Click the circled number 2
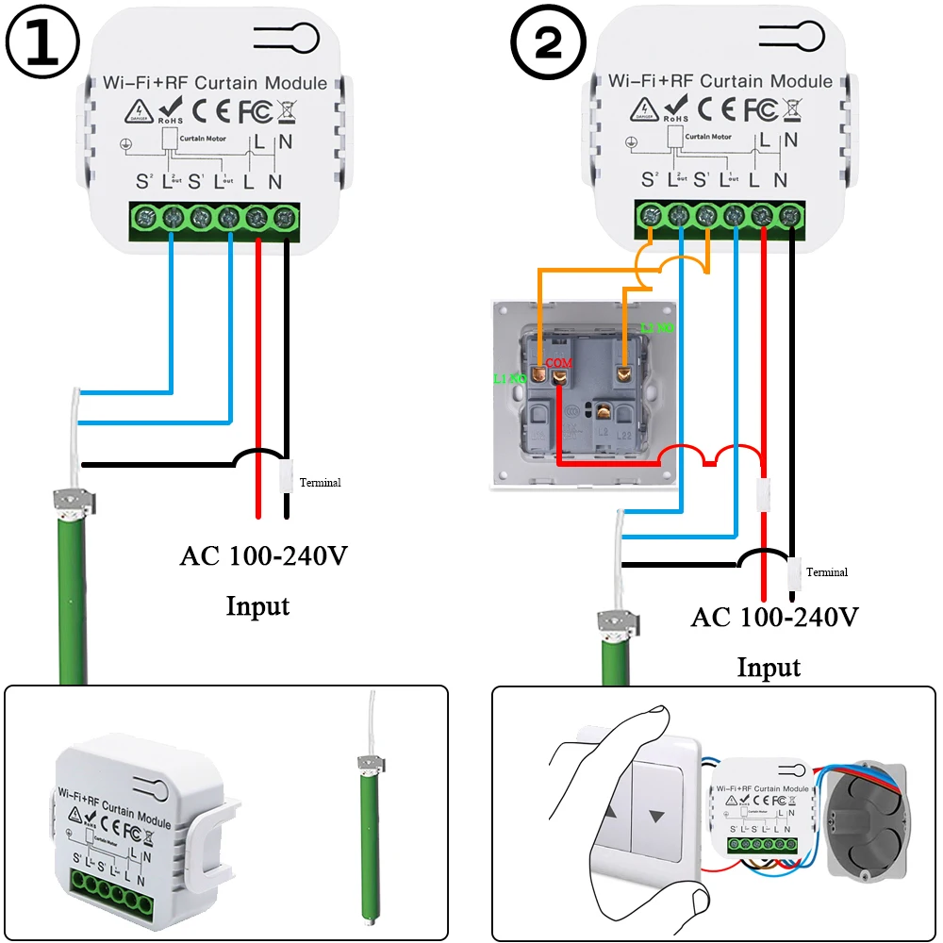pyautogui.click(x=548, y=44)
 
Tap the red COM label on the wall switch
pyautogui.click(x=560, y=362)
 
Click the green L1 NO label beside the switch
pyautogui.click(x=509, y=378)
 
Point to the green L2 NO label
pyautogui.click(x=656, y=328)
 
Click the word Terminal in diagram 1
pyautogui.click(x=320, y=483)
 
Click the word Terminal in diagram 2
pyautogui.click(x=827, y=572)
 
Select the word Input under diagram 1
pyautogui.click(x=257, y=605)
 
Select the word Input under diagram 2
pyautogui.click(x=769, y=668)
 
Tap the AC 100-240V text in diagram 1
pyautogui.click(x=264, y=555)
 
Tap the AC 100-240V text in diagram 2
pyautogui.click(x=775, y=618)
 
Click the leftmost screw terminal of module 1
pyautogui.click(x=145, y=219)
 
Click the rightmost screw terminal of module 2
pyautogui.click(x=790, y=216)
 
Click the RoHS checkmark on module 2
pyautogui.click(x=675, y=108)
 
